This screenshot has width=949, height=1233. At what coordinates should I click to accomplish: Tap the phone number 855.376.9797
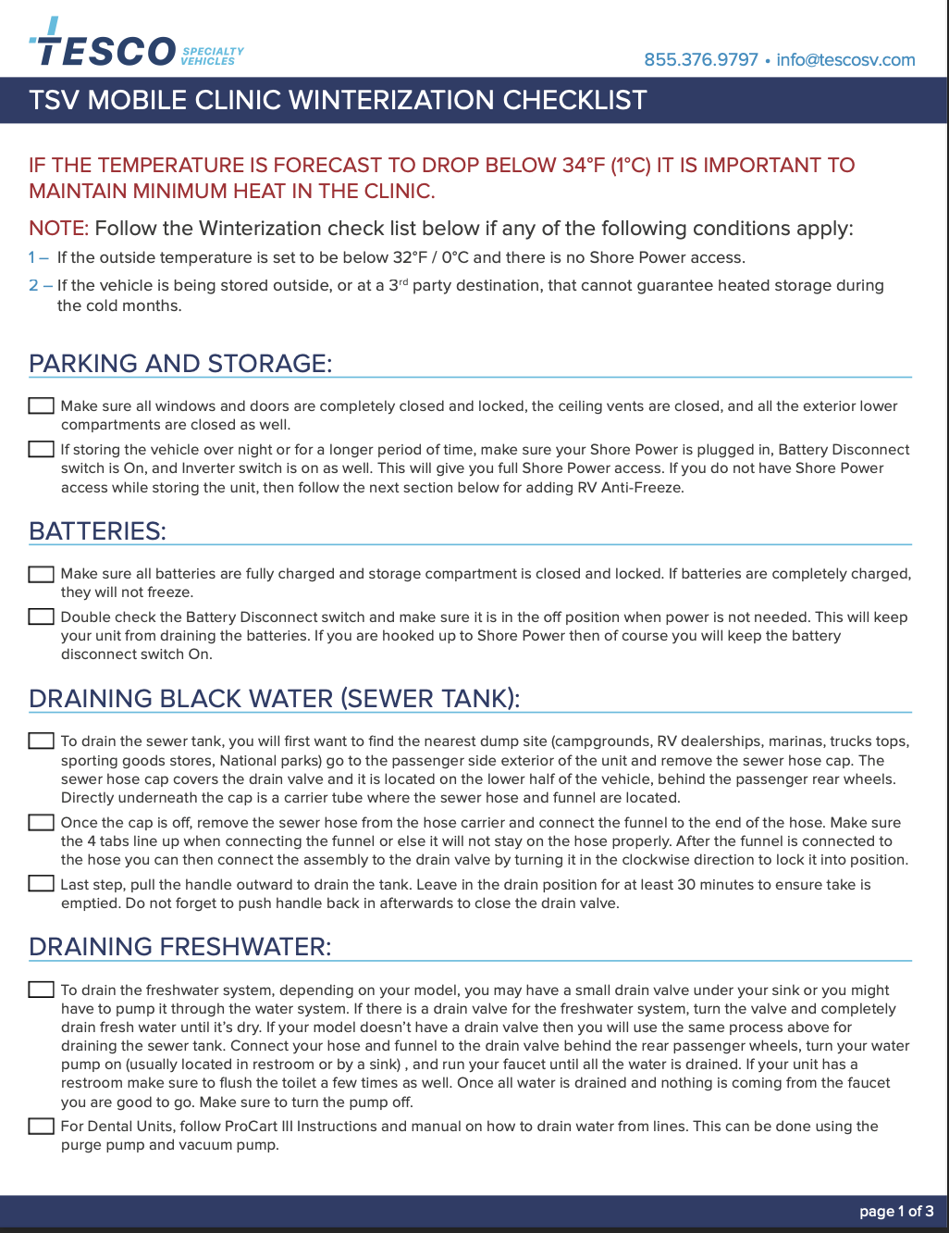click(701, 60)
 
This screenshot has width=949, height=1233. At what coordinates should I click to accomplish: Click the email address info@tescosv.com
click(845, 60)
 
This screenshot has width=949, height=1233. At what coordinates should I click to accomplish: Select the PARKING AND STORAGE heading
click(180, 364)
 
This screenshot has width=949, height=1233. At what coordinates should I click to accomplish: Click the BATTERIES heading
click(97, 531)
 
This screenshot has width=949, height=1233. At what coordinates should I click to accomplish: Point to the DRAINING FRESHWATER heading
click(179, 947)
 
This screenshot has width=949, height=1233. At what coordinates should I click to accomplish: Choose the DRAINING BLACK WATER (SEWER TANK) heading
click(274, 699)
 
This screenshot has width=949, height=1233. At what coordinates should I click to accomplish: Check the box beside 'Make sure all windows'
click(41, 406)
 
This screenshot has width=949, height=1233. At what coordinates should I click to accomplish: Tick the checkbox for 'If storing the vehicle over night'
click(41, 450)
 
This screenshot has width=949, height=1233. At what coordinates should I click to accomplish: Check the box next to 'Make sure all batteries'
click(41, 574)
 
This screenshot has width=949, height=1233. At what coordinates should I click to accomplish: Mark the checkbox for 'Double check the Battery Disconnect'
click(41, 617)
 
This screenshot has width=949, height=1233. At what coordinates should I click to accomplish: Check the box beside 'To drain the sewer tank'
click(41, 741)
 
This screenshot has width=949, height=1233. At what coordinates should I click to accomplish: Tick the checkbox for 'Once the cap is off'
click(41, 823)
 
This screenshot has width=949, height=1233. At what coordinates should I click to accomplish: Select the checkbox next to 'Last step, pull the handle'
click(41, 884)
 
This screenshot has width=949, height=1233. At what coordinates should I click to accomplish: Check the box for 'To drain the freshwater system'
click(41, 990)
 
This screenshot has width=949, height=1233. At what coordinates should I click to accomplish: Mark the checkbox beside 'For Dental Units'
click(41, 1127)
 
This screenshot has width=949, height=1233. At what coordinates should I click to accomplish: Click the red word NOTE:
click(58, 229)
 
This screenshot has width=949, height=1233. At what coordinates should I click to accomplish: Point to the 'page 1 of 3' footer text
click(896, 1211)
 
